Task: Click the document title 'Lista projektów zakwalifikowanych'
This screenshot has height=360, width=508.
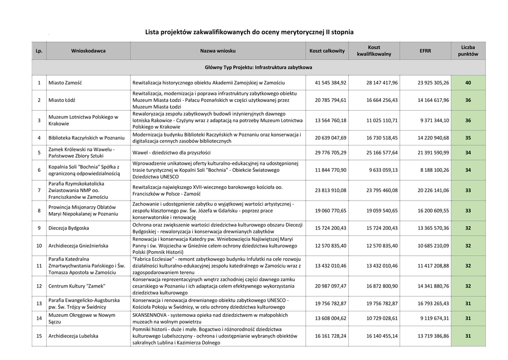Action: click(249, 32)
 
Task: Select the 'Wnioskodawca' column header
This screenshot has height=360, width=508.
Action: click(88, 51)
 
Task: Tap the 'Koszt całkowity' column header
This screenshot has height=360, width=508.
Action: click(327, 51)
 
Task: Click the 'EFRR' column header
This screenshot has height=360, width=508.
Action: click(425, 51)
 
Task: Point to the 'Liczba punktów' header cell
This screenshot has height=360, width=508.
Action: click(468, 51)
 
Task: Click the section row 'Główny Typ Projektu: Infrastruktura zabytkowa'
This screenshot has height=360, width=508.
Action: click(258, 67)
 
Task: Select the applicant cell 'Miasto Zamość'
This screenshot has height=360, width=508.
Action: click(65, 82)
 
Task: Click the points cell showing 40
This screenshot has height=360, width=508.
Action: click(468, 82)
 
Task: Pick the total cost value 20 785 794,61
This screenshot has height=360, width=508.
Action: click(330, 100)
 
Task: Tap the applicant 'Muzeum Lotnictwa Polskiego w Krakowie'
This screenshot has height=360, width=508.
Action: click(83, 120)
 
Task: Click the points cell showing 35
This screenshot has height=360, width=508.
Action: click(468, 138)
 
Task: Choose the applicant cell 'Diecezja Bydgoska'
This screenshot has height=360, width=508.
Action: click(69, 228)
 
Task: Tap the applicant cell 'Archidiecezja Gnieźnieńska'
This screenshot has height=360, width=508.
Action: click(79, 245)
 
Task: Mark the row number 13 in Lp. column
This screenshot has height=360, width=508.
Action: click(39, 303)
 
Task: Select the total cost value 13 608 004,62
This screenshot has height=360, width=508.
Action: click(330, 318)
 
